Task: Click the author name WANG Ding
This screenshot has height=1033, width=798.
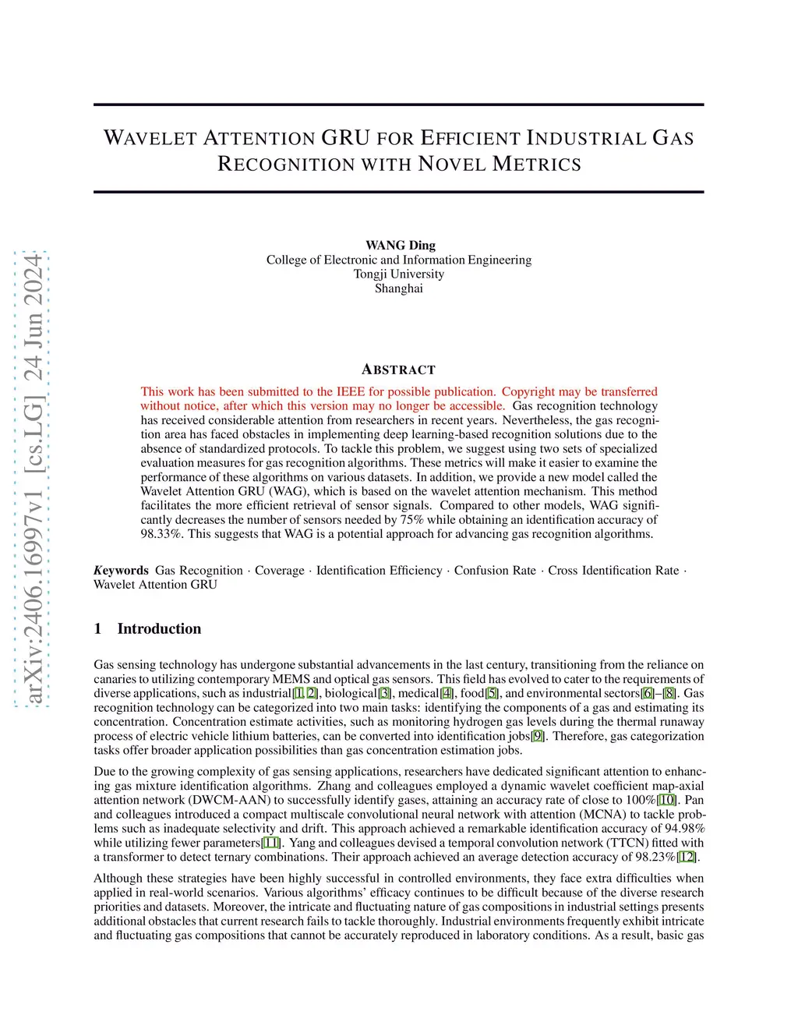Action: (x=400, y=245)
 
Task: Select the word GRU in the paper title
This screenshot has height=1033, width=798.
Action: (x=345, y=138)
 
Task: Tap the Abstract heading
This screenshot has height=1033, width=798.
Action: (x=398, y=370)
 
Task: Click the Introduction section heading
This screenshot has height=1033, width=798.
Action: (x=159, y=628)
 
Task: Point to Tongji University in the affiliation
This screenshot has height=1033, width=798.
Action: (x=398, y=274)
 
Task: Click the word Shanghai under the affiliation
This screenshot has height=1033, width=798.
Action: (x=398, y=288)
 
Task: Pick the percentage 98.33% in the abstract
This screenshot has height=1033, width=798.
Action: (x=162, y=534)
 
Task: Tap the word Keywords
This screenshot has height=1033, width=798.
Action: (x=121, y=570)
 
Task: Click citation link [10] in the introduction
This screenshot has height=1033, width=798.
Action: (x=667, y=800)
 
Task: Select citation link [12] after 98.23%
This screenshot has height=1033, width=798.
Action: (x=687, y=857)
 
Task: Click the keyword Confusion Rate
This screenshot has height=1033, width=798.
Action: (x=495, y=570)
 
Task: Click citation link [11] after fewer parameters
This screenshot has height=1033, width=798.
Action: (x=271, y=843)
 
